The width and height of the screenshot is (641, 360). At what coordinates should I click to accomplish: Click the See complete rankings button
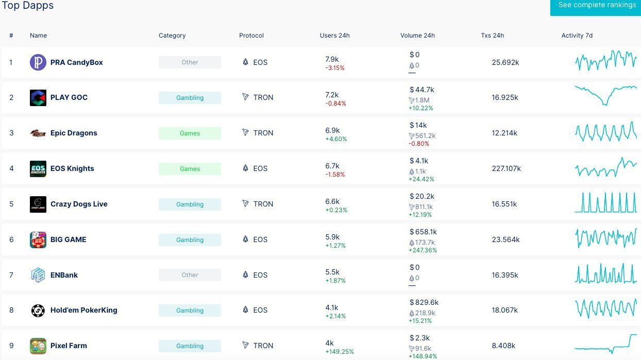pos(597,6)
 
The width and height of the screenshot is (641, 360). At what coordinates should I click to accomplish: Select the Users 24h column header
pos(334,36)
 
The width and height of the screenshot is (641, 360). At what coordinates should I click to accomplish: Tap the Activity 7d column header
pos(577,36)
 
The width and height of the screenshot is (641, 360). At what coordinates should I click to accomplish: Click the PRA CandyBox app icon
pos(38,62)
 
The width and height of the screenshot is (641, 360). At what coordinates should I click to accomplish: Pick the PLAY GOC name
pos(69,97)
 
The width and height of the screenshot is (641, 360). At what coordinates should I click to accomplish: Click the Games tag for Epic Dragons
pos(190,133)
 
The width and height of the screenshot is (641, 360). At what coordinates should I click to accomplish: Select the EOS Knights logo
pos(38,169)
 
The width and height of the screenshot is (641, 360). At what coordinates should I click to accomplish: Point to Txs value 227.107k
pos(506,168)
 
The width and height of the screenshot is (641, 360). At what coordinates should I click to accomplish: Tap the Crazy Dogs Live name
pos(79,204)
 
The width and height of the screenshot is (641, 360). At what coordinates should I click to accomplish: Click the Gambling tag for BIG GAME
pos(190,240)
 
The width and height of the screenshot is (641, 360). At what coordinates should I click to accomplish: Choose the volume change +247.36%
pos(423,250)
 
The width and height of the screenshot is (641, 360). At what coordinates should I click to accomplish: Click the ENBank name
pos(64,275)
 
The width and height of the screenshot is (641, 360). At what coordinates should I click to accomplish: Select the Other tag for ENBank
pos(190,275)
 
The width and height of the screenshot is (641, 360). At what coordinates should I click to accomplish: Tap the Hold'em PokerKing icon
pos(38,311)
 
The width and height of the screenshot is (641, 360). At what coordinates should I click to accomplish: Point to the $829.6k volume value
pos(424,302)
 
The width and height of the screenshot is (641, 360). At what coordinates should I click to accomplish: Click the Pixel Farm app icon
pos(38,346)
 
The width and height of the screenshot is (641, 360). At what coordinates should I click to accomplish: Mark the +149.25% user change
pos(340,352)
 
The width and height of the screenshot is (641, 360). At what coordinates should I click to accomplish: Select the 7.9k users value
pos(332,60)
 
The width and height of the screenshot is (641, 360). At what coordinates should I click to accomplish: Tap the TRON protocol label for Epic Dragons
pos(263,133)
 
